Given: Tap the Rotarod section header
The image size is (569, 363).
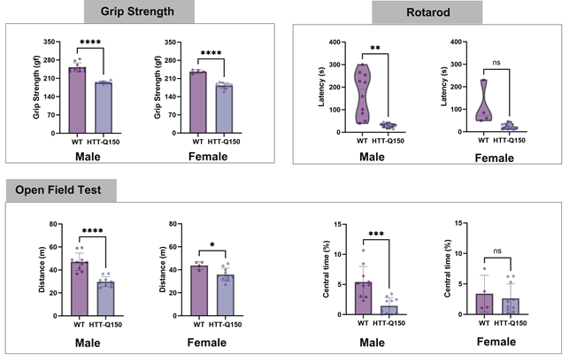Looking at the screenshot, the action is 427,12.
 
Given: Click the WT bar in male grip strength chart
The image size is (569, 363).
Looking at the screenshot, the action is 77,100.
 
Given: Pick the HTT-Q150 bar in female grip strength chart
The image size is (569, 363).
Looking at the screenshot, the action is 224,109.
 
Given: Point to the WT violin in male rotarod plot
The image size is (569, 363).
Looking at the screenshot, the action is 362,94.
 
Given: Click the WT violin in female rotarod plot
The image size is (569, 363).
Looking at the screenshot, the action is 483,100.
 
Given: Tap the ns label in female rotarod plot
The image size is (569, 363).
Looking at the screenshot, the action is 496,63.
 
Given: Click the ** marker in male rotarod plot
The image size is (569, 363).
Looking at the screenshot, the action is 375,48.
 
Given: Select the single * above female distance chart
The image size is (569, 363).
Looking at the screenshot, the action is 211,245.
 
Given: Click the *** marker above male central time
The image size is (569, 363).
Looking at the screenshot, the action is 376,234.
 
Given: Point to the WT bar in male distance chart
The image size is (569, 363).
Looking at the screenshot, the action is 80,289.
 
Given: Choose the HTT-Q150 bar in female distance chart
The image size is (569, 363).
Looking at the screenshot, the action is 226,295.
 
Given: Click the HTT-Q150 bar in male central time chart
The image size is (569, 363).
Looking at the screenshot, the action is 389,311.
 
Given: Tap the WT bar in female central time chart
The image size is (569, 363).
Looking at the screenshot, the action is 484,305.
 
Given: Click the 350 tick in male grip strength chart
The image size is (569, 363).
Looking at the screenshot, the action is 50,42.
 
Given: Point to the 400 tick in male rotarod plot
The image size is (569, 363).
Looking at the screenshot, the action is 334,42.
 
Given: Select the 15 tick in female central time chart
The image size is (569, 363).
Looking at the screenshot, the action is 458,223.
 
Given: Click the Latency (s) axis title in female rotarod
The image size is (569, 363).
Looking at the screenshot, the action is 443,87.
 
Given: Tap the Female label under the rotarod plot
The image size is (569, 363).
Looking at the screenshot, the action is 495,158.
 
